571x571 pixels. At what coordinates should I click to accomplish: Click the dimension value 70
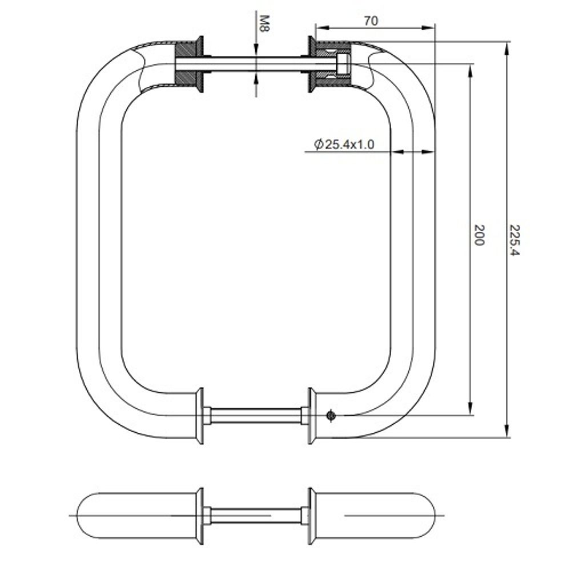371,21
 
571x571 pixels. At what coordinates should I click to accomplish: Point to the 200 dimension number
479,235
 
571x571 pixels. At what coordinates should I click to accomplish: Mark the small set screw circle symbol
329,416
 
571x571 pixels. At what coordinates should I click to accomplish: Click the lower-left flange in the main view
200,415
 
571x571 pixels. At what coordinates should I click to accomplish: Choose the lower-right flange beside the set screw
312,415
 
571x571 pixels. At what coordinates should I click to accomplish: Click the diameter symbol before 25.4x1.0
319,144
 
